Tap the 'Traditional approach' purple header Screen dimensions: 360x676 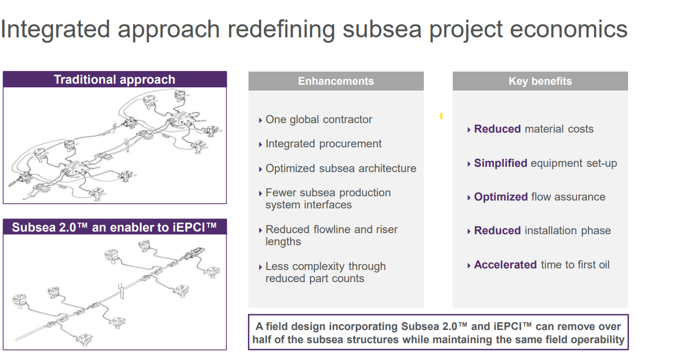tap(114, 79)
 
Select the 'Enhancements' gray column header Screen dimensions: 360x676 tap(336, 81)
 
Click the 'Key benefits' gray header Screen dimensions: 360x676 tap(540, 81)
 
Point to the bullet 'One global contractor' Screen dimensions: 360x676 tap(319, 119)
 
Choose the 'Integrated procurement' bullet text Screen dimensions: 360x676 tap(323, 144)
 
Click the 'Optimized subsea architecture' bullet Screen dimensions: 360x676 tap(341, 168)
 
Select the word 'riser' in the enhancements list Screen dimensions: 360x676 tap(385, 229)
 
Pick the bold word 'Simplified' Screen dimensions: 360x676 tap(500, 163)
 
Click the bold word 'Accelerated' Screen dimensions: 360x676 tap(505, 265)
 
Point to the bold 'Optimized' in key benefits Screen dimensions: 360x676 tap(501, 197)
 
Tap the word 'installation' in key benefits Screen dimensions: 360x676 tap(551, 231)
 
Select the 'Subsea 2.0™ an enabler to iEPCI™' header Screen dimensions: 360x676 tap(114, 227)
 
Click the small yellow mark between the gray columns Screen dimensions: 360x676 tap(441, 116)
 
